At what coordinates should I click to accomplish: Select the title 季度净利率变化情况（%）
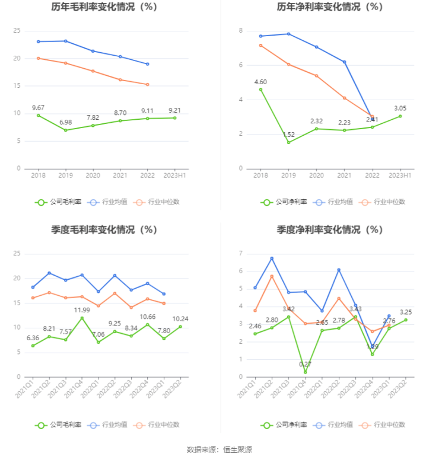tap(330, 229)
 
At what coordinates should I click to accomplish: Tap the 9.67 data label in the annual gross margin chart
tap(38, 107)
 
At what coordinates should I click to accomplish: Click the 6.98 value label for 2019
tap(65, 122)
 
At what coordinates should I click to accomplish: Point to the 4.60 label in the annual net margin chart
tap(260, 82)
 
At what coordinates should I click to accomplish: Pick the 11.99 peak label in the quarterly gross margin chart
tap(82, 310)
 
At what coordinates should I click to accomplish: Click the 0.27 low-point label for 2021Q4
tap(306, 364)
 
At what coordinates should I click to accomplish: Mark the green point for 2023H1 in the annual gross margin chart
tap(174, 117)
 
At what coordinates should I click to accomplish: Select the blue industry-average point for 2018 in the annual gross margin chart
tap(38, 41)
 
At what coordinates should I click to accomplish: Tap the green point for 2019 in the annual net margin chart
tap(288, 142)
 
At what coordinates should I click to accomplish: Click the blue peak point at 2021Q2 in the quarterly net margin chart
tap(272, 258)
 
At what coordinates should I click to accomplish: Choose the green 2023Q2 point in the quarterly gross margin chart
tap(180, 327)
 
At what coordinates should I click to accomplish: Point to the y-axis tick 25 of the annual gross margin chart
tap(17, 31)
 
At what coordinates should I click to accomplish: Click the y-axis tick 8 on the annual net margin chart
tap(240, 31)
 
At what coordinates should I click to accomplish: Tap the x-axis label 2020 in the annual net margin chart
tap(316, 175)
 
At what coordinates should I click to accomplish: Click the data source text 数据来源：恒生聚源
tap(220, 450)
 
